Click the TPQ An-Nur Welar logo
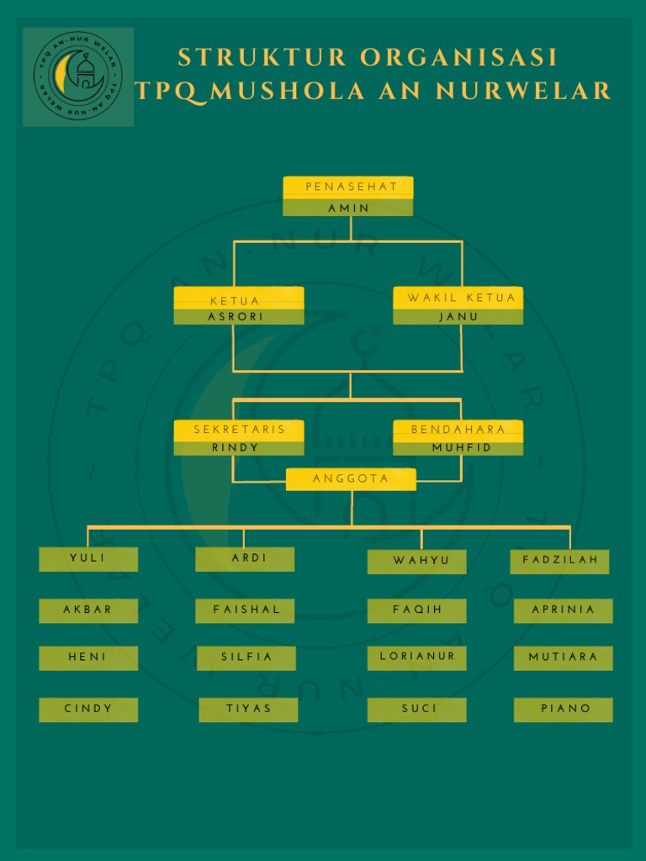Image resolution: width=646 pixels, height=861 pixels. click(x=78, y=77)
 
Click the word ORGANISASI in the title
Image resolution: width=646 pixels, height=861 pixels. click(x=458, y=57)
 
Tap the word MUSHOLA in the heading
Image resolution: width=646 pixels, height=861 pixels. click(x=288, y=91)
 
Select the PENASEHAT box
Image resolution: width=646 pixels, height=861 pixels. click(x=347, y=196)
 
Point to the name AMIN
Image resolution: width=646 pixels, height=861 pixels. click(x=349, y=209)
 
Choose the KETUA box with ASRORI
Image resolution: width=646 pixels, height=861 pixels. click(x=239, y=305)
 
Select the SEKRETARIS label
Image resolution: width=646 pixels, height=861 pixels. click(x=239, y=430)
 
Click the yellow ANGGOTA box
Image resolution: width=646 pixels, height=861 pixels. click(x=351, y=478)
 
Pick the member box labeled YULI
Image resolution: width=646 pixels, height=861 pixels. click(x=88, y=559)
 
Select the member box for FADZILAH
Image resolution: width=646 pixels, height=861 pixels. click(x=559, y=561)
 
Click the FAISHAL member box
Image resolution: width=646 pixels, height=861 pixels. click(x=245, y=610)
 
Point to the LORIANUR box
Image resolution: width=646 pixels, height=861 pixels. click(x=417, y=658)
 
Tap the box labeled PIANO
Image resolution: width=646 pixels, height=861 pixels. click(x=564, y=710)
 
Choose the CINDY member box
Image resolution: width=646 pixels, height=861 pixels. click(x=88, y=710)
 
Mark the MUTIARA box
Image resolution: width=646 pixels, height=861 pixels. click(x=564, y=658)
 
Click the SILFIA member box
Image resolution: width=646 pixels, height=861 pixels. click(x=246, y=658)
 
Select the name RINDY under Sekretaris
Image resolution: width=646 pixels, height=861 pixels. click(x=236, y=447)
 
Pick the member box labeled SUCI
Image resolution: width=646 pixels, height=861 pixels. click(x=417, y=710)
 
